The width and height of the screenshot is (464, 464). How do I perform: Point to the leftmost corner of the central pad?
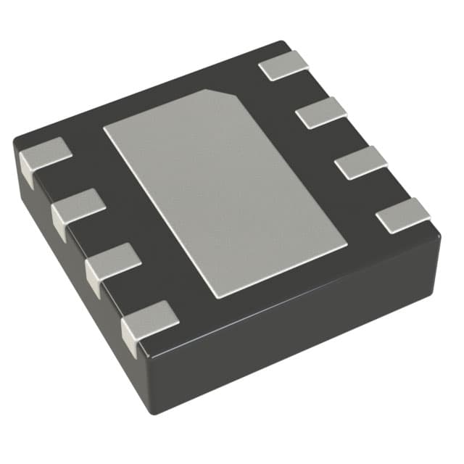tap(105, 129)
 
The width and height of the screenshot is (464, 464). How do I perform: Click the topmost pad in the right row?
tap(283, 65)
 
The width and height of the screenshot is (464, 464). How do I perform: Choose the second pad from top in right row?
tap(322, 112)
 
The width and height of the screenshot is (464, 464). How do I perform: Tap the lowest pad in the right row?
tap(404, 215)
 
